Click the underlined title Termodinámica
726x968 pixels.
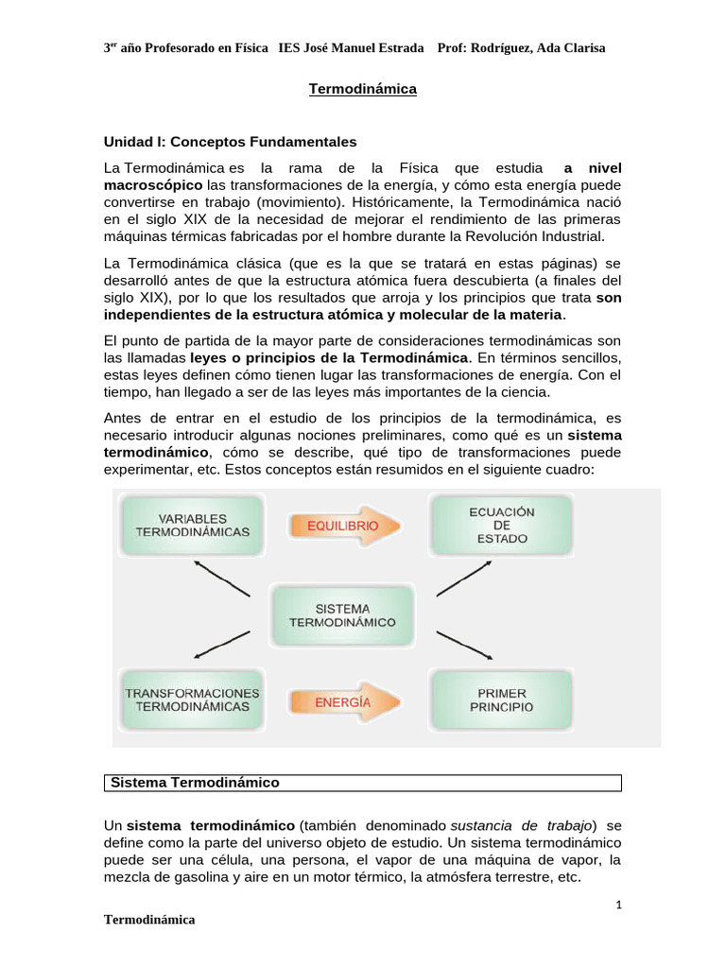click(x=363, y=90)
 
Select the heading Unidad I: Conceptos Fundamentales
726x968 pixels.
click(x=230, y=142)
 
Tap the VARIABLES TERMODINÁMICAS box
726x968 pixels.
click(x=193, y=526)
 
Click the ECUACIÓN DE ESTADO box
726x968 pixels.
click(x=501, y=525)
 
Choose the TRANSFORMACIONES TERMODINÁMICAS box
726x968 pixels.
click(x=193, y=700)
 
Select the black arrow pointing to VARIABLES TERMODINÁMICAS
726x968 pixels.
click(x=221, y=579)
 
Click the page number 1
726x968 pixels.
click(x=617, y=905)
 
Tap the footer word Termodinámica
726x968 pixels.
click(x=149, y=920)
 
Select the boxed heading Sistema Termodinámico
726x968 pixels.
click(x=196, y=783)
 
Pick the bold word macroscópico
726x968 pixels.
click(x=153, y=184)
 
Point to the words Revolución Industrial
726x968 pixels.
click(x=535, y=235)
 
